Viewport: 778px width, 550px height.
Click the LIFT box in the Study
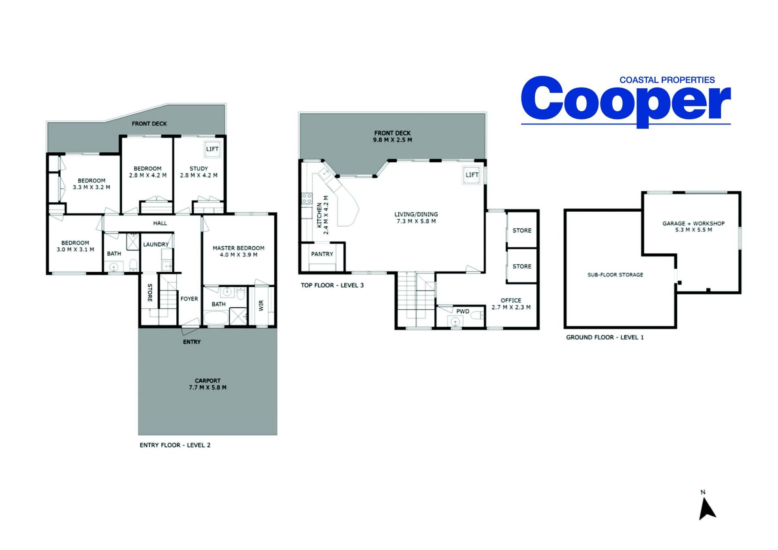212,149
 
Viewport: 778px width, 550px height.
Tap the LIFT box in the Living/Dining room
472,175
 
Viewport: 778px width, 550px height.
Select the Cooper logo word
626,101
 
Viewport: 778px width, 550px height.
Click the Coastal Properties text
667,80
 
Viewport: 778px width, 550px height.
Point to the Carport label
207,381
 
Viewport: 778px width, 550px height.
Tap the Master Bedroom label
238,248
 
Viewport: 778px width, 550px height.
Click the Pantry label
322,254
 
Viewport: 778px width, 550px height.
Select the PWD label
463,311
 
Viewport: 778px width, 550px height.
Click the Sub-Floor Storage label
615,275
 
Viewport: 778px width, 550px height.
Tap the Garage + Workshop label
693,223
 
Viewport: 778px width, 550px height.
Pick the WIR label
261,305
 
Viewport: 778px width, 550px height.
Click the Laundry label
156,244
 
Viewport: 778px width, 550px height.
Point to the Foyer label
189,299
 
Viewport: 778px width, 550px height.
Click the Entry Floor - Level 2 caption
175,445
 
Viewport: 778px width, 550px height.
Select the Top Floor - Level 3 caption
332,285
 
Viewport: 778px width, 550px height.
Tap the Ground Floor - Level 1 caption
605,337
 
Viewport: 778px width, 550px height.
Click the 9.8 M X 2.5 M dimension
392,140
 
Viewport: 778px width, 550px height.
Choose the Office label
511,300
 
